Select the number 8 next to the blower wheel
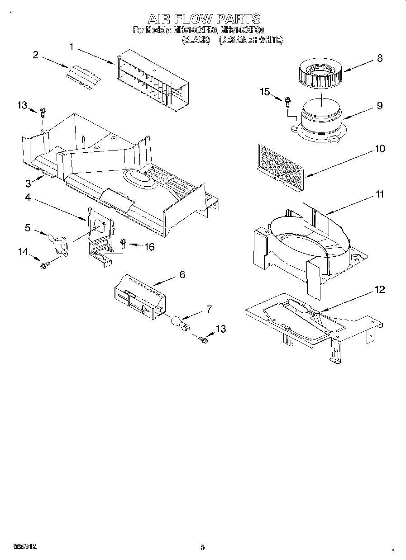379,58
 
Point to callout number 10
380,149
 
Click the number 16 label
149,247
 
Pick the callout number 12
380,290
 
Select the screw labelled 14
44,266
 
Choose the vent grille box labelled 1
153,81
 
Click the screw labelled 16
123,244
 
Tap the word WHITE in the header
271,40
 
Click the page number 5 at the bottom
202,547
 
